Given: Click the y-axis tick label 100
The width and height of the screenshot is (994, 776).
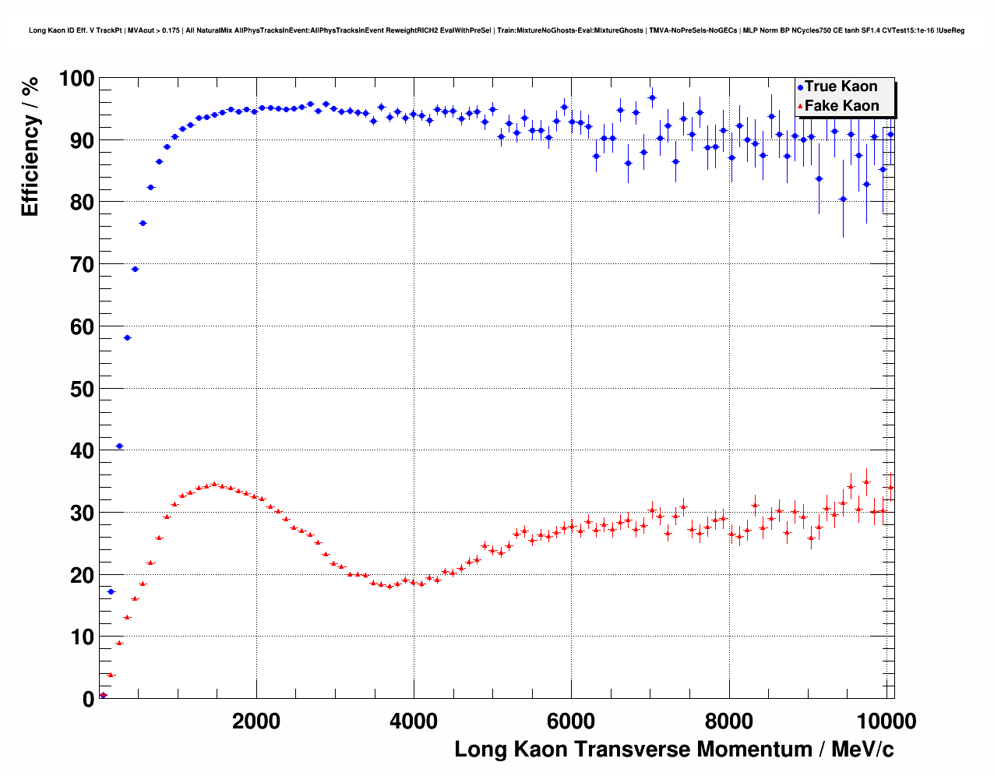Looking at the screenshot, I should pos(76,79).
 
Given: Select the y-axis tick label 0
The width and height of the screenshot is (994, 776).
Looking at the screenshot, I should pos(88,699).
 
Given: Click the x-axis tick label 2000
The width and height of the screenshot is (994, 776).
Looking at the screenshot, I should pos(256,721).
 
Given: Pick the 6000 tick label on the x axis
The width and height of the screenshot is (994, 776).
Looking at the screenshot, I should pos(571,721).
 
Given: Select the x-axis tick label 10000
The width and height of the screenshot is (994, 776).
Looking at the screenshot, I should pos(886,721).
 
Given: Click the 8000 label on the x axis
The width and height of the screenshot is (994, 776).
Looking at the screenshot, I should pos(728,721).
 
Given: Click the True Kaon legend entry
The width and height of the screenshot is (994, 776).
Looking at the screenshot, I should pos(841,86).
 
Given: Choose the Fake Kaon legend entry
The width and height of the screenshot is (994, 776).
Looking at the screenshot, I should pos(841,106).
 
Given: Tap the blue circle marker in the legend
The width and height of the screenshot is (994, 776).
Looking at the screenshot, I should pos(800,87).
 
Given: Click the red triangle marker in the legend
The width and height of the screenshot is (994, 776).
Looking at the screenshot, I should pos(800,107).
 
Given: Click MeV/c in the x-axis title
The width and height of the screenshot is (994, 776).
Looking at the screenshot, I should pos(862,750).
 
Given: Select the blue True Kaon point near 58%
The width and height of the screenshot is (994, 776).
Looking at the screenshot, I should pos(127,337).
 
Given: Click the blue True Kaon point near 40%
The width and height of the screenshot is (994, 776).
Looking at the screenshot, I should pos(119,446).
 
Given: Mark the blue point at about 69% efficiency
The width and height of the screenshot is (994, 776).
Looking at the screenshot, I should pos(135,269).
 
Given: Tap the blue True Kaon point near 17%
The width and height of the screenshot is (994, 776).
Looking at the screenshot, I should pos(111,591).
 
